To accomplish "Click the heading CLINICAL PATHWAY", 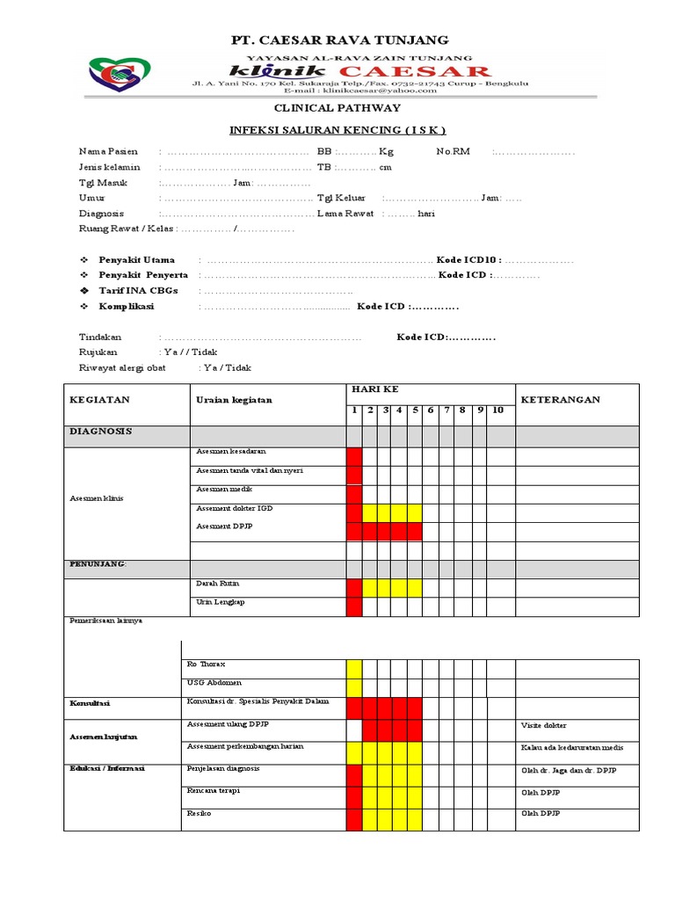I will [337, 107].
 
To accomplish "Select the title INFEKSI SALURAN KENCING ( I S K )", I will [337, 130].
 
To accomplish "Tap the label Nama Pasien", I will [106, 151].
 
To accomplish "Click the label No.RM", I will [453, 151].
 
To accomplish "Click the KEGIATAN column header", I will [99, 399].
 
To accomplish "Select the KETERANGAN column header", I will [561, 399].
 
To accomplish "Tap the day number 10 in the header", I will [497, 410].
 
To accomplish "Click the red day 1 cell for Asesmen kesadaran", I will [354, 456].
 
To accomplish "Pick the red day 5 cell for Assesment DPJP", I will [415, 531].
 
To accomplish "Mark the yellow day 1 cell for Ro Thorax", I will [354, 669].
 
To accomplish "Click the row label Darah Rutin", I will [217, 584].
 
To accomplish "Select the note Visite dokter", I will [544, 726].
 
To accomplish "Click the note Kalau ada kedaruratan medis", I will [572, 748].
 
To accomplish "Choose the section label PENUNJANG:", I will [98, 563].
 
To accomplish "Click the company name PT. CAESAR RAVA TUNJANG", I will [339, 40].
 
